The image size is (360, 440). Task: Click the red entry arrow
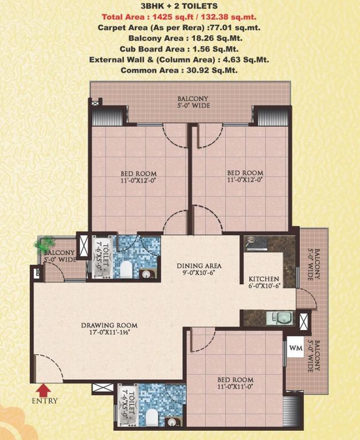[x=43, y=390]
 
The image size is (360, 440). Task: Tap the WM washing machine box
[x=296, y=348]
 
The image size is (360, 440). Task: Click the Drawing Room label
[x=109, y=325]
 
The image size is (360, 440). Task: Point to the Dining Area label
[x=199, y=265]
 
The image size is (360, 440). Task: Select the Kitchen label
[x=264, y=279]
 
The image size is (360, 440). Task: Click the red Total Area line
[x=179, y=17]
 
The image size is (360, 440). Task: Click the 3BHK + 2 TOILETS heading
[x=179, y=6]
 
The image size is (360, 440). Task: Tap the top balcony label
[x=193, y=102]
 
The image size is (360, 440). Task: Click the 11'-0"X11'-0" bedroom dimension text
[x=236, y=387]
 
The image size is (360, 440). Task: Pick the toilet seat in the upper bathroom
[x=126, y=269]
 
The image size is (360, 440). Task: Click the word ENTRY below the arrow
[x=45, y=400]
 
